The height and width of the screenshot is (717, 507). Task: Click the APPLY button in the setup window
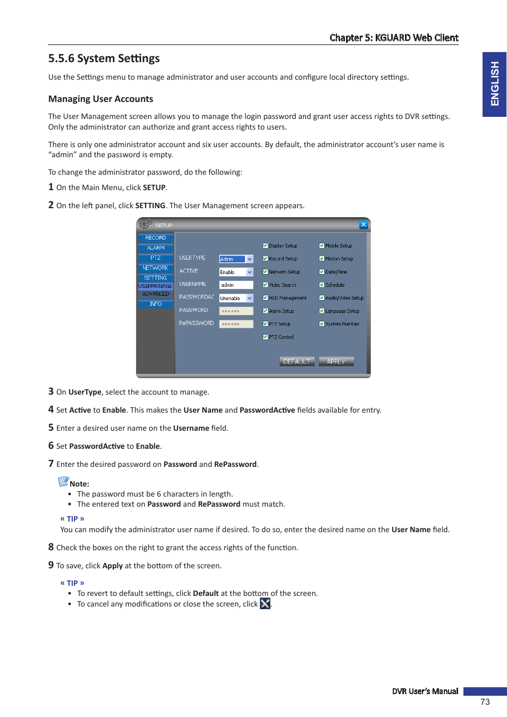336,362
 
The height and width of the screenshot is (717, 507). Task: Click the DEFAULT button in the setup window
297,362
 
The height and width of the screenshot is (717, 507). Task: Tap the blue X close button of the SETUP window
364,225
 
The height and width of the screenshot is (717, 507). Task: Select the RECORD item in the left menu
156,238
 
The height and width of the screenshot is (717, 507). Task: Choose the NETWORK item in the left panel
156,268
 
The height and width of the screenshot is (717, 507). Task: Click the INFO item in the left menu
156,304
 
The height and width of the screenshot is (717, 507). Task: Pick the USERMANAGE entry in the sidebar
156,286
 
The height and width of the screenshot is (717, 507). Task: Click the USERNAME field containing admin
236,285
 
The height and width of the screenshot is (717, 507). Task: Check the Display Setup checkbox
265,246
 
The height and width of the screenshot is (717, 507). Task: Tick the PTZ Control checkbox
265,337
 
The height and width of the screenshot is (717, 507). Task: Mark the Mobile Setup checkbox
322,246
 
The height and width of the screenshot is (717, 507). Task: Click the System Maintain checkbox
322,324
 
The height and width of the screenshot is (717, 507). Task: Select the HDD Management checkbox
265,298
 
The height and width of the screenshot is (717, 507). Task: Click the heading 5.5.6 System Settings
104,58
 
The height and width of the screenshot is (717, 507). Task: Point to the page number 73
485,702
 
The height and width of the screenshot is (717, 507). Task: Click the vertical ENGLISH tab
494,84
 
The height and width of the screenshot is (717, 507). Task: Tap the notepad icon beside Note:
63,482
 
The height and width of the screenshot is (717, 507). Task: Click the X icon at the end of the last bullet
265,603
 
